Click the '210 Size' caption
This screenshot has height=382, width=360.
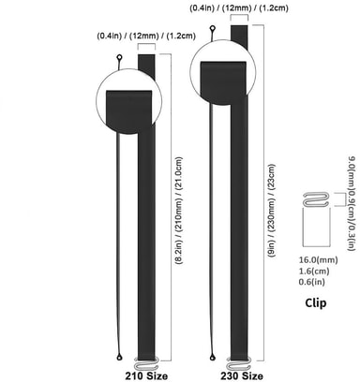click(x=146, y=375)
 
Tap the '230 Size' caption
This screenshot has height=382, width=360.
click(x=242, y=375)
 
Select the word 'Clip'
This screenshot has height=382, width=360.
click(x=316, y=302)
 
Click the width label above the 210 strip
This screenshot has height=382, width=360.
click(x=146, y=36)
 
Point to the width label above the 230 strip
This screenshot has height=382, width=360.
click(x=239, y=7)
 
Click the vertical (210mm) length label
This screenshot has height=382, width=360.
click(x=179, y=211)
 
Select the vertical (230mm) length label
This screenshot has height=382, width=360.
click(x=272, y=211)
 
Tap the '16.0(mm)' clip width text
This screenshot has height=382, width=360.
click(x=318, y=259)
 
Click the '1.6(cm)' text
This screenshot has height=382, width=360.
click(x=314, y=271)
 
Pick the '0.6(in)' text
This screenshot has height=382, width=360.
click(x=312, y=282)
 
